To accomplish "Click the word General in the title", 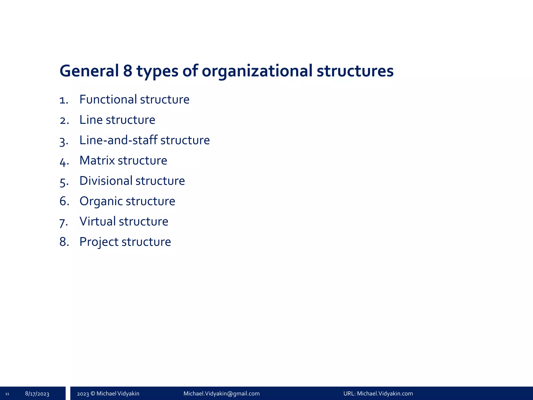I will [x=89, y=71].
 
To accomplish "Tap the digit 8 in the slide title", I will [x=128, y=71].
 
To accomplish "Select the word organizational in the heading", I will [x=257, y=71].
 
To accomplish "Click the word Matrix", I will [x=97, y=160].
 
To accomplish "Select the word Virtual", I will [x=98, y=221].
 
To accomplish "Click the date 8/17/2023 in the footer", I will [x=37, y=394].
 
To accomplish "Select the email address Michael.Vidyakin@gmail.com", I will [x=221, y=393].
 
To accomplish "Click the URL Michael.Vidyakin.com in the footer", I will [x=385, y=393].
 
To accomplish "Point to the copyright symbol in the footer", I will [x=93, y=393].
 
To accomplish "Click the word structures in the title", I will [x=355, y=71].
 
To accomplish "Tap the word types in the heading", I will [x=157, y=71].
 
